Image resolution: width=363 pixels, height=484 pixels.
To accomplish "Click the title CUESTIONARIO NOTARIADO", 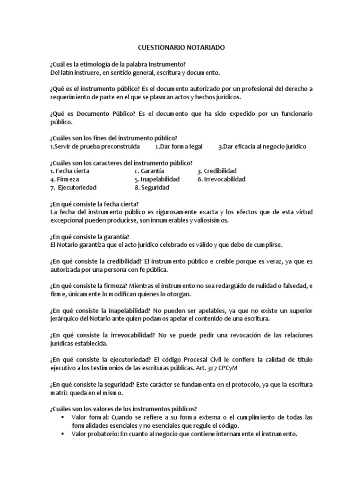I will (x=181, y=48).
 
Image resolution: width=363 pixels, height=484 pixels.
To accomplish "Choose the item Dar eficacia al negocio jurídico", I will (x=262, y=147).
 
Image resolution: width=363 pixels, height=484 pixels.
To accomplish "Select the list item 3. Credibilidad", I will (x=217, y=171).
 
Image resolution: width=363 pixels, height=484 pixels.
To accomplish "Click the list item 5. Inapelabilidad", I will (x=157, y=180).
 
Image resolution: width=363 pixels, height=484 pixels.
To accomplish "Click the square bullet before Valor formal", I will (x=62, y=417).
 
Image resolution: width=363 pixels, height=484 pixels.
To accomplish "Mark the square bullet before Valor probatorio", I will (x=62, y=434).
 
